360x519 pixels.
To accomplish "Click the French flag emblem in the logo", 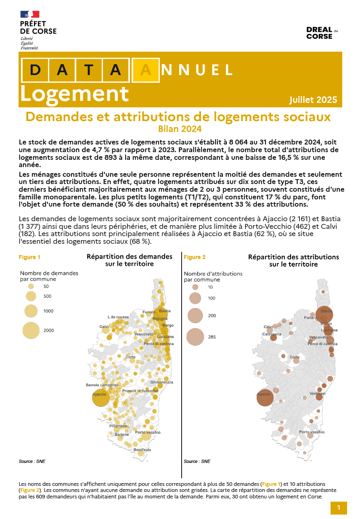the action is [x=29, y=14].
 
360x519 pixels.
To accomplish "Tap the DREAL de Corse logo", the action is [x=322, y=33].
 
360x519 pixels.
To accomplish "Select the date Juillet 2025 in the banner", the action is [x=313, y=100].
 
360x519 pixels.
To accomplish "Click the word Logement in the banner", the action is [x=74, y=94].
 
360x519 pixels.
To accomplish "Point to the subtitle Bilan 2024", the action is [x=180, y=129].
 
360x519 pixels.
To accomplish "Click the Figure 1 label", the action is [x=29, y=257].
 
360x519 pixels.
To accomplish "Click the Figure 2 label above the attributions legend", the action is [x=195, y=257].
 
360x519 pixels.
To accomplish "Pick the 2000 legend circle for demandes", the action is [x=31, y=330].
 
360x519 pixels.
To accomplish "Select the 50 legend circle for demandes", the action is [x=31, y=286].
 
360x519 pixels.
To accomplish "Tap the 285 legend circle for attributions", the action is [x=195, y=337].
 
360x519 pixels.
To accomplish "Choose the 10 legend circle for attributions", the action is [x=195, y=287].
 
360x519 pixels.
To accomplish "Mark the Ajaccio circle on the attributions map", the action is [x=265, y=398].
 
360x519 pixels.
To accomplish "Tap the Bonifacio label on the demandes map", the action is [x=142, y=450].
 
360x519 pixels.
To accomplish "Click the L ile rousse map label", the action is [x=118, y=317].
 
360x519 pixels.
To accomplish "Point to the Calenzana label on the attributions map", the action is [x=272, y=334].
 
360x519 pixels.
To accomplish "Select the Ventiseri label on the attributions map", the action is [x=317, y=393].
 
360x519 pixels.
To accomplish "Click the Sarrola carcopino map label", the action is [x=102, y=385].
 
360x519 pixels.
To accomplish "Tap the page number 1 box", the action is [x=339, y=508].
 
